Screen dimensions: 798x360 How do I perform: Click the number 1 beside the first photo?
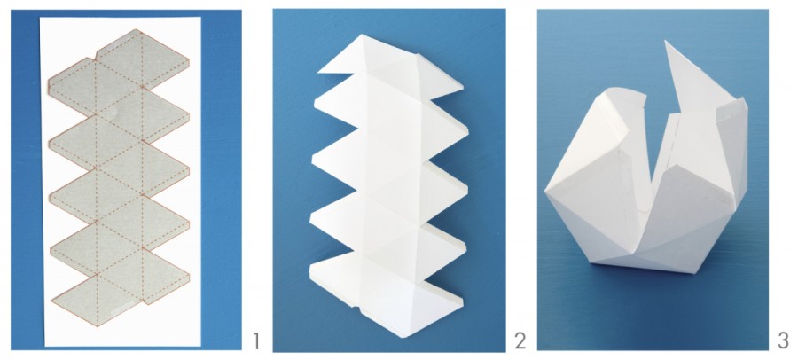pos(256,341)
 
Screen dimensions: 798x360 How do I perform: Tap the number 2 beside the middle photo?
pos(520,341)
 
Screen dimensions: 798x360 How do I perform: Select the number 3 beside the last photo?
pos(783,341)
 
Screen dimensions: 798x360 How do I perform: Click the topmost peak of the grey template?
pos(136,29)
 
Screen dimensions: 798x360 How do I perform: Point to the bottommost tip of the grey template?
pos(97,326)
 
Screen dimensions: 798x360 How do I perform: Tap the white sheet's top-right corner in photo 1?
pos(200,18)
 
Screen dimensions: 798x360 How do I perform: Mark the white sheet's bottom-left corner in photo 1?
pos(45,346)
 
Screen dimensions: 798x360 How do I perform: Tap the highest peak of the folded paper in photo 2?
pos(362,35)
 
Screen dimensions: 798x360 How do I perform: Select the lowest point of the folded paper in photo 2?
pos(402,337)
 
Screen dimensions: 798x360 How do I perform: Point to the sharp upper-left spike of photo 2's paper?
pos(318,73)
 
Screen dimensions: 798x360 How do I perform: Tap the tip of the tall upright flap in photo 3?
pos(666,42)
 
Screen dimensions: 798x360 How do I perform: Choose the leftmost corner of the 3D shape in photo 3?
pos(545,191)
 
